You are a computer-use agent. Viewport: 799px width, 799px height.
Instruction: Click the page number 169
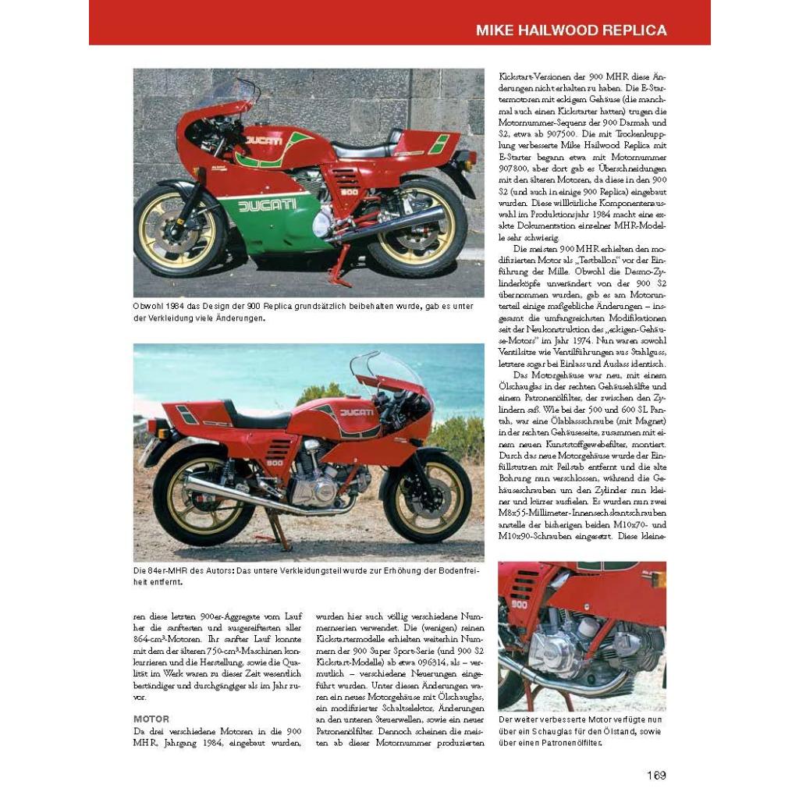(655, 775)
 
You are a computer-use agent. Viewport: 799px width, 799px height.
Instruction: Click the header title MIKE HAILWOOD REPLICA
(571, 30)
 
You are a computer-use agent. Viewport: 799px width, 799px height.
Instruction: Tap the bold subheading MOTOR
(151, 719)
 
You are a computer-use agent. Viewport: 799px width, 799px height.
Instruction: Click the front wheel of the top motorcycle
(180, 230)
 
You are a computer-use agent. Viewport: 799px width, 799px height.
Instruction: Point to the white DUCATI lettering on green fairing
(267, 205)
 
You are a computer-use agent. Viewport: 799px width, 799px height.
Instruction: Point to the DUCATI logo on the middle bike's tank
(356, 412)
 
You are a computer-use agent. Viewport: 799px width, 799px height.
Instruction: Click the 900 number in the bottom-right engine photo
(519, 603)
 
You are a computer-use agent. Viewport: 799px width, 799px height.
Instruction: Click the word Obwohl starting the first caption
(151, 307)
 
